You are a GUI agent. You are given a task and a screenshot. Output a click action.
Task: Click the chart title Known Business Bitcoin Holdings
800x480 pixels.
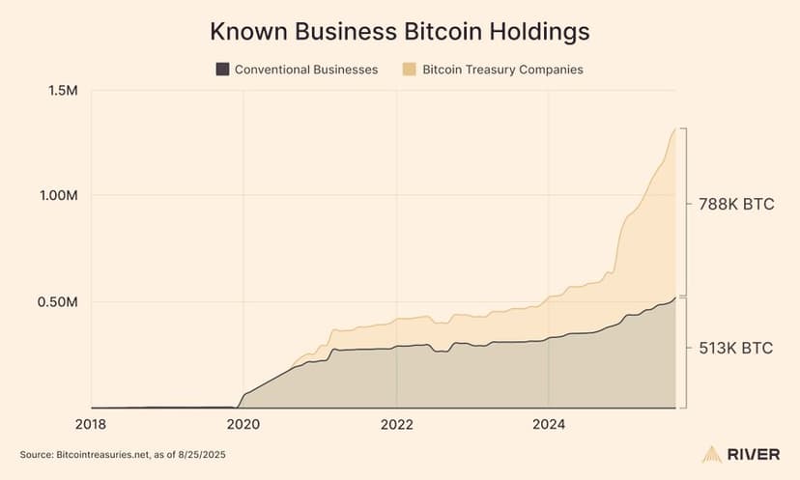[400, 31]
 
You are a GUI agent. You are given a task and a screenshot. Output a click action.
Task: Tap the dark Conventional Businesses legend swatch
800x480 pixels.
[222, 70]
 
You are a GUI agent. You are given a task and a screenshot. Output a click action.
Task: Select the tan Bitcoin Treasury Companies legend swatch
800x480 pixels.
[410, 70]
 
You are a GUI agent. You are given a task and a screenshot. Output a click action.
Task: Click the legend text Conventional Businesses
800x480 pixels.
[307, 70]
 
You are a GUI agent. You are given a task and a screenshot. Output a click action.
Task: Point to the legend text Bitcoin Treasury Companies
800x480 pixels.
[502, 70]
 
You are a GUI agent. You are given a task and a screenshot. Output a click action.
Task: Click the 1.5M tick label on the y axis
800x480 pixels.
[61, 90]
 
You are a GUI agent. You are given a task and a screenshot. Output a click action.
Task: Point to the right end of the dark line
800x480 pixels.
[675, 298]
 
